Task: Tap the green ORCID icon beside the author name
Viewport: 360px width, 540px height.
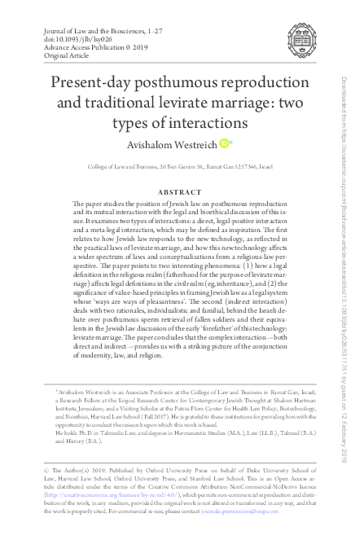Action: (x=224, y=143)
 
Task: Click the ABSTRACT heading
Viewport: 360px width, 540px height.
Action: (x=179, y=193)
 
